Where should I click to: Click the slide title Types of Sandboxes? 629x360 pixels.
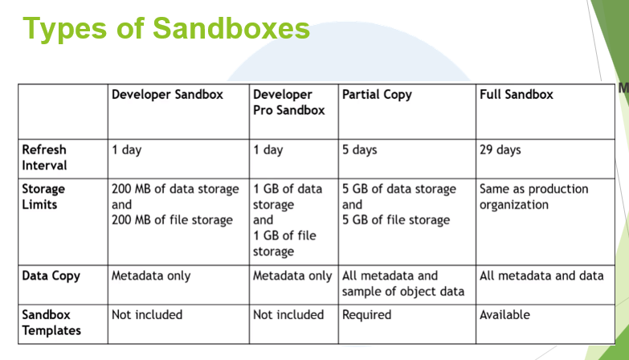(165, 28)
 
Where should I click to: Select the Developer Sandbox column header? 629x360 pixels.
(178, 95)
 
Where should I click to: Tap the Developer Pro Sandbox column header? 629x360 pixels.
(288, 102)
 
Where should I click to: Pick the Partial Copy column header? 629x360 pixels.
(377, 95)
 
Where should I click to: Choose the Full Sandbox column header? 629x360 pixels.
(517, 95)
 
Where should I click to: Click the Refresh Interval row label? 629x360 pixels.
(45, 157)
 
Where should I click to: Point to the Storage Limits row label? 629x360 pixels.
(44, 197)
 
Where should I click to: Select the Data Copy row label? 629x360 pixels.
(50, 276)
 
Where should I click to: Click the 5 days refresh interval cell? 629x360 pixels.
(359, 150)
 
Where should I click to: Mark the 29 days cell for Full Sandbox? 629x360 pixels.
(500, 150)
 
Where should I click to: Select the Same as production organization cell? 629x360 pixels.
(533, 197)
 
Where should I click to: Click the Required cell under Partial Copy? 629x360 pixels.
(366, 315)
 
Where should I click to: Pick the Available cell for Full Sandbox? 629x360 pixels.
(504, 315)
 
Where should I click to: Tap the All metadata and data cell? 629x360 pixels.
(541, 276)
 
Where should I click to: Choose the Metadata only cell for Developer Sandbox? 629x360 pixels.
(151, 276)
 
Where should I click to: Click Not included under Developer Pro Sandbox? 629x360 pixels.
(288, 315)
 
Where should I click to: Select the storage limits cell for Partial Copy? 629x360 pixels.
(398, 204)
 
